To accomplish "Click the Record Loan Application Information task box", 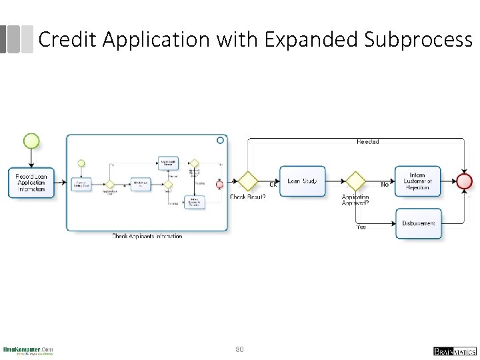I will [31, 182].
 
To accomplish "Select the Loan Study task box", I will [303, 181].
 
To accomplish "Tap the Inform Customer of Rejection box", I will [418, 181].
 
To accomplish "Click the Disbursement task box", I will [418, 223].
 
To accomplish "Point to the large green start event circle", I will [31, 141].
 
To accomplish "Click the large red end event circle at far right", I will [464, 181].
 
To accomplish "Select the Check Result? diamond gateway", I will [248, 181].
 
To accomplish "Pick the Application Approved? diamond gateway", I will [355, 181].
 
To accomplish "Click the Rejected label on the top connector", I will [367, 142].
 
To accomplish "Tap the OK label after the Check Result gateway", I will [273, 185].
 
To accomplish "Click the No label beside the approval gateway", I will [385, 185].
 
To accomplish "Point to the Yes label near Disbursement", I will [361, 227].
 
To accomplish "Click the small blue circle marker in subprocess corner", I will [220, 140].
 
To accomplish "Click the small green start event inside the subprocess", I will [81, 163].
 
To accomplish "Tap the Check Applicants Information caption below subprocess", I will [147, 236].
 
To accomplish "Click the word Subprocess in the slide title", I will [418, 40].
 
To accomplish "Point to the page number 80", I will [240, 349].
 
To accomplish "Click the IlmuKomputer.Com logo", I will [28, 351].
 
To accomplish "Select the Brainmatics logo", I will [455, 351].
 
